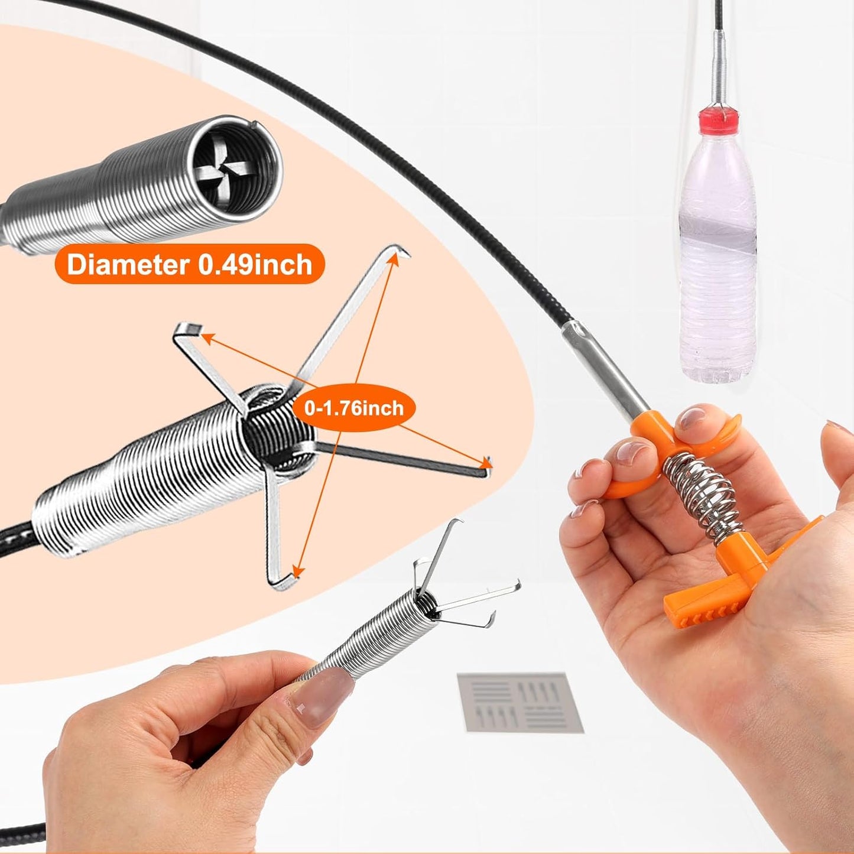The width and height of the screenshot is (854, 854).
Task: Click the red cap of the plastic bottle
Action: [719, 119]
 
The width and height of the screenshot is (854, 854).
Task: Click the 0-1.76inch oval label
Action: [354, 408]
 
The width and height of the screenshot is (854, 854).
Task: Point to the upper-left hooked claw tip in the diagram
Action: [189, 330]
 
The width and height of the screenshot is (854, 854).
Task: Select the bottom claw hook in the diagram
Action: [286, 582]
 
